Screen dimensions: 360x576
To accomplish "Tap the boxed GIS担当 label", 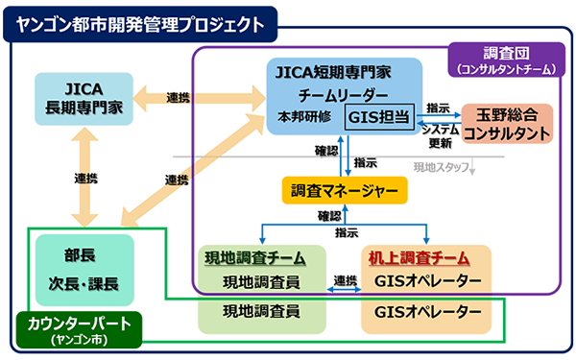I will pyautogui.click(x=380, y=115).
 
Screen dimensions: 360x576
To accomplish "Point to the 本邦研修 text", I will pyautogui.click(x=304, y=116).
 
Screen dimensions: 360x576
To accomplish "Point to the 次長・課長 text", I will pyautogui.click(x=83, y=285).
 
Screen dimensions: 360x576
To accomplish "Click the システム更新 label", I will pyautogui.click(x=439, y=136).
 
